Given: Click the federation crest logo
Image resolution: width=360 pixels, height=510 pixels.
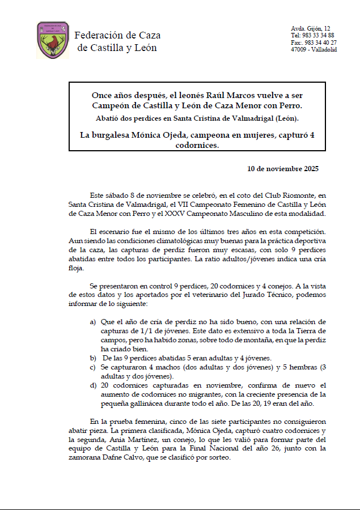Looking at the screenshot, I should pyautogui.click(x=53, y=40).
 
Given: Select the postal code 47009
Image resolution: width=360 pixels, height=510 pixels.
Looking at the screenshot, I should pyautogui.click(x=299, y=49).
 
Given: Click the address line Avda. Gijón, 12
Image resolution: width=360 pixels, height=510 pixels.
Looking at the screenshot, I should pyautogui.click(x=311, y=28).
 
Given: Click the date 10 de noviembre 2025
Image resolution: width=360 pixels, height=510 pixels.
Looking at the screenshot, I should pyautogui.click(x=283, y=169).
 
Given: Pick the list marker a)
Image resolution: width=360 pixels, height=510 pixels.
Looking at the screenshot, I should pyautogui.click(x=92, y=322).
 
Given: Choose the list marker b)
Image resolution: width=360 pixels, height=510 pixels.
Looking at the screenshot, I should pyautogui.click(x=92, y=358).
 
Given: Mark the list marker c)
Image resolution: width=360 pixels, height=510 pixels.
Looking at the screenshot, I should pyautogui.click(x=92, y=367).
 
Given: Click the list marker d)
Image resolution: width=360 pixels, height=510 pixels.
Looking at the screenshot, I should pyautogui.click(x=92, y=385).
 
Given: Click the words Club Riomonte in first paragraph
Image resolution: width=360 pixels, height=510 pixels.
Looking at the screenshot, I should pyautogui.click(x=269, y=194).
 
